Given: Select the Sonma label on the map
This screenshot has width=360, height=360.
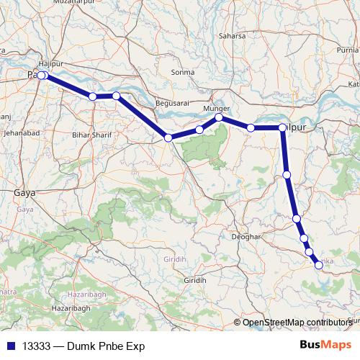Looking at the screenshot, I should point(184,72).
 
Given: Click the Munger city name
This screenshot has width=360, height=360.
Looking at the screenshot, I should point(217,108).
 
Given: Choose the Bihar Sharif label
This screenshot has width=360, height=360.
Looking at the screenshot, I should point(90,134).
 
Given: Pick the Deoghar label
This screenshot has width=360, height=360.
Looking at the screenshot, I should point(244,235).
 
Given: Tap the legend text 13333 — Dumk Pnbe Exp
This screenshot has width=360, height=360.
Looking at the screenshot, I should point(84,346).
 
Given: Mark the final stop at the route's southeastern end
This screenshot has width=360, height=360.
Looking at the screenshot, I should point(319,266).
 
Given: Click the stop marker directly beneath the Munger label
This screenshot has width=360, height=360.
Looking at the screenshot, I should point(219,117).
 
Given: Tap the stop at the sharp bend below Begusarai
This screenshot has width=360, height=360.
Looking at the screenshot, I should point(168,138).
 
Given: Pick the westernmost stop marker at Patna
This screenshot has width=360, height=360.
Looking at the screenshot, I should point(40,76).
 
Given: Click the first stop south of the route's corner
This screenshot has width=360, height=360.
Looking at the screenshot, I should point(287,174).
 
